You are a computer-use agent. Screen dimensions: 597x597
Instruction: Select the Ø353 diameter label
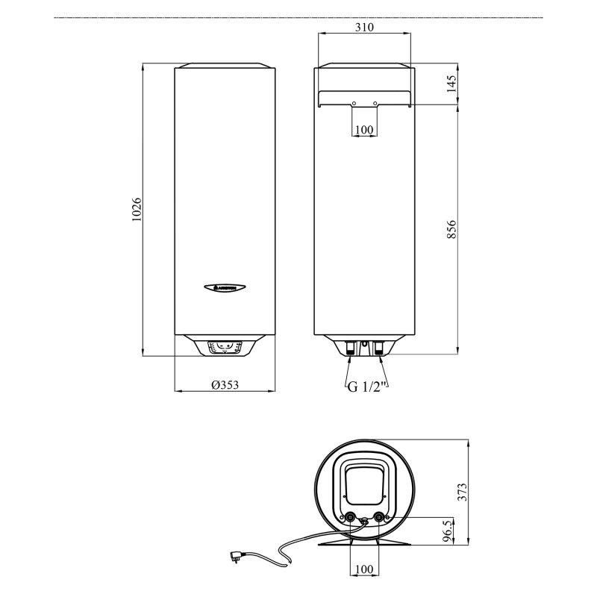[225, 385]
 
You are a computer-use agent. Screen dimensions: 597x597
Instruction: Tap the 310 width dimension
[364, 27]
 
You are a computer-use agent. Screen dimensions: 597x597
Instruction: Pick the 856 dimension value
[451, 229]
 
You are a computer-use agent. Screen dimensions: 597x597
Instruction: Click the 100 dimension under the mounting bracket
[364, 130]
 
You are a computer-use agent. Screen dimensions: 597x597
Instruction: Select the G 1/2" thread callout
[366, 386]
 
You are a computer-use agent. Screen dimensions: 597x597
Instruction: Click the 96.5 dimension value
[447, 532]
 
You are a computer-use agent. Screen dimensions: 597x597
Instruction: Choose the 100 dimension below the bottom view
[363, 569]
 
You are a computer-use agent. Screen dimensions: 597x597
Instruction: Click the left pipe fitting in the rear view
[349, 347]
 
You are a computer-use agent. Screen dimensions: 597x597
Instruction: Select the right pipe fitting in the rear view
[379, 347]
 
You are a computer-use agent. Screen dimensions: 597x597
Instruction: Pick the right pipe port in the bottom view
[380, 517]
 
